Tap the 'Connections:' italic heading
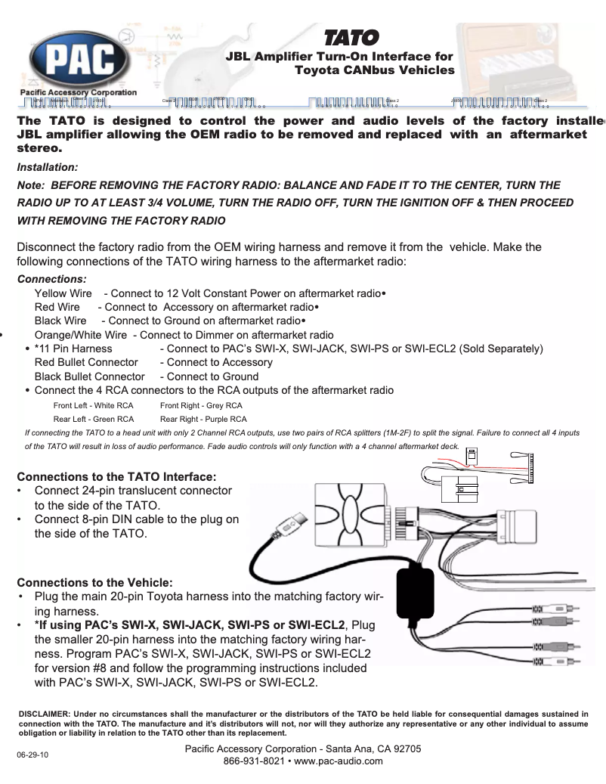click(x=51, y=279)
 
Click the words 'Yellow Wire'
click(x=63, y=293)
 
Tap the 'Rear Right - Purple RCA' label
click(x=203, y=418)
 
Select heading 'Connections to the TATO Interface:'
click(x=117, y=477)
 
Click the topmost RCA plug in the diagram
click(x=555, y=609)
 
